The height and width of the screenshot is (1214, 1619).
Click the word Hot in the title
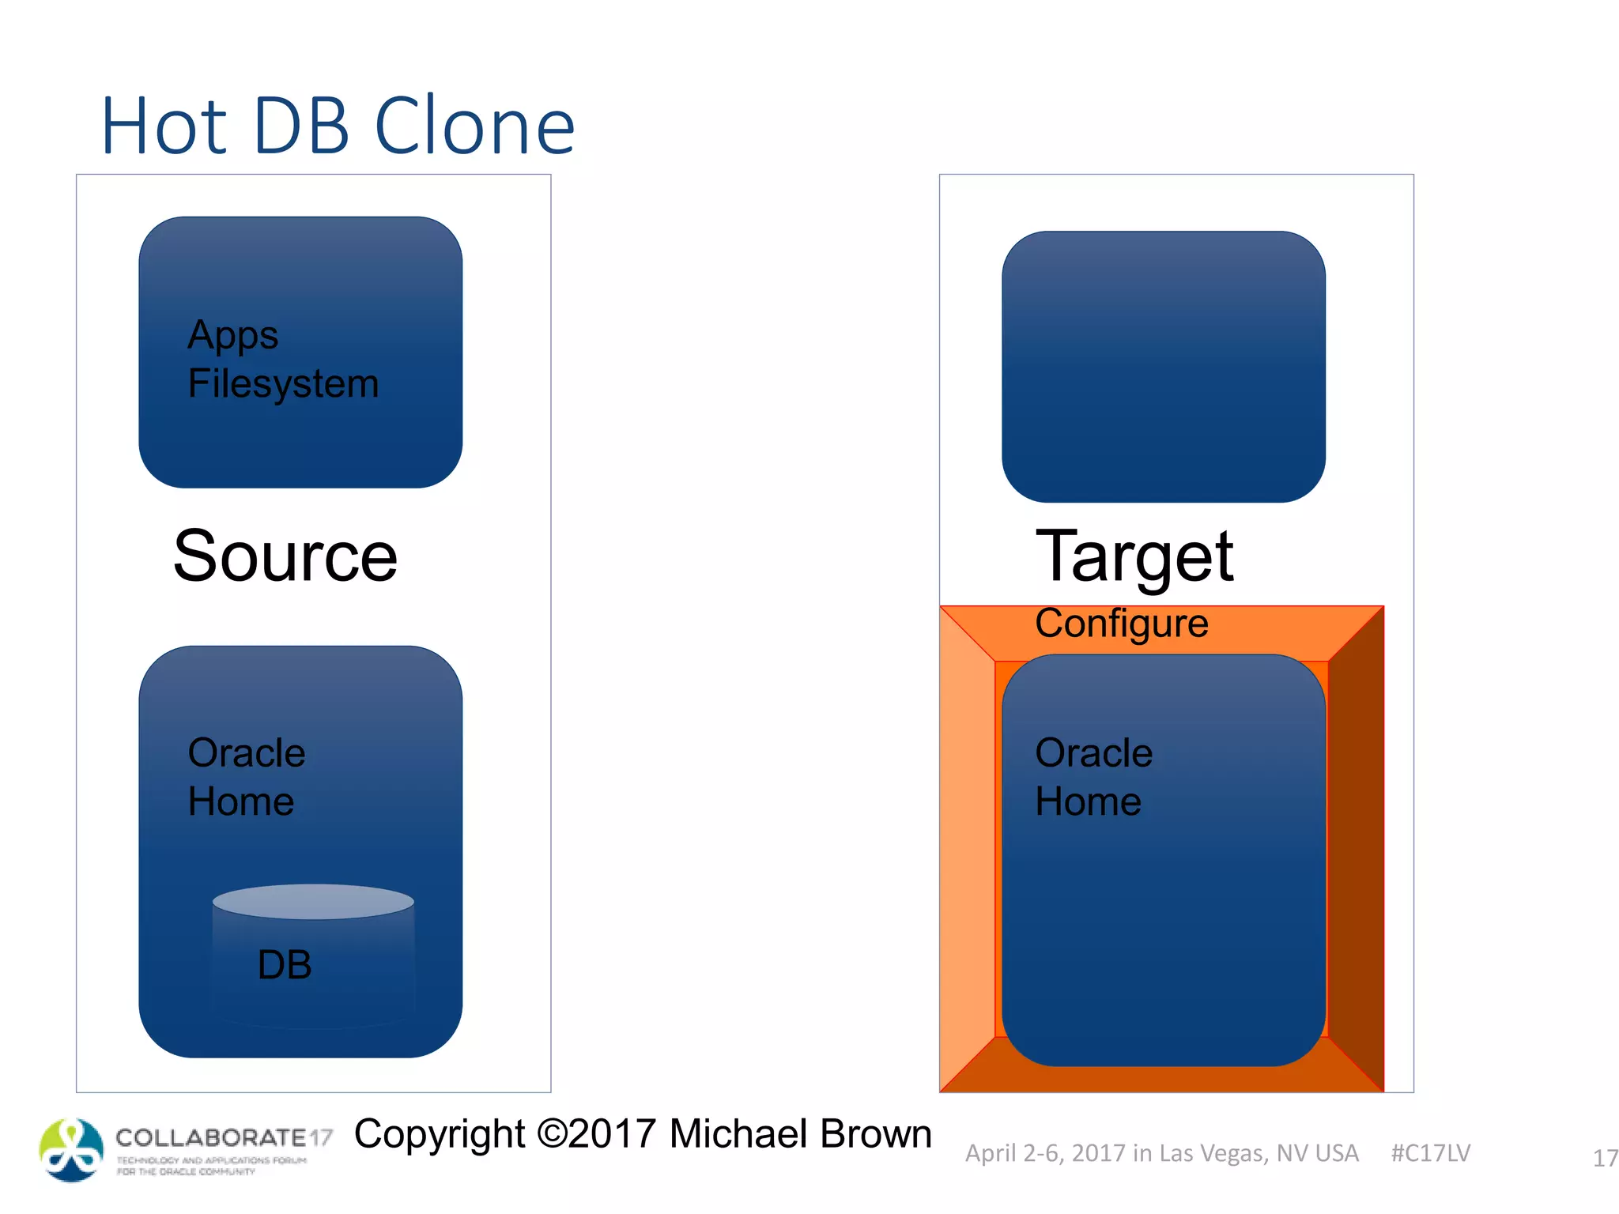pyautogui.click(x=164, y=126)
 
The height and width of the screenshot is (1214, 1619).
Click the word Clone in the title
pyautogui.click(x=474, y=126)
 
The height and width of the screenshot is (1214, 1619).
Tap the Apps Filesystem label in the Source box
pyautogui.click(x=283, y=360)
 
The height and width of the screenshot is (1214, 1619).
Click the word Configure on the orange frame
pyautogui.click(x=1122, y=624)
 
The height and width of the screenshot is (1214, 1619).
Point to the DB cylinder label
pyautogui.click(x=285, y=965)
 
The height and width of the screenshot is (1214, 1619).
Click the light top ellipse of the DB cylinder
pyautogui.click(x=313, y=902)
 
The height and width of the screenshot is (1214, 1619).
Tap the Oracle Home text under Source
pyautogui.click(x=247, y=777)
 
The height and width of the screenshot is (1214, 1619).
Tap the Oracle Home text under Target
pyautogui.click(x=1093, y=777)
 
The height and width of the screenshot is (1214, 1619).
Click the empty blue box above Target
pyautogui.click(x=1163, y=367)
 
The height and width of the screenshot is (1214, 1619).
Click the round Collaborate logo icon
pyautogui.click(x=71, y=1150)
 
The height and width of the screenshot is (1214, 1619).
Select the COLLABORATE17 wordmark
pyautogui.click(x=224, y=1138)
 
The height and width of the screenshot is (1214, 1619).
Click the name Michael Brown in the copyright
pyautogui.click(x=800, y=1134)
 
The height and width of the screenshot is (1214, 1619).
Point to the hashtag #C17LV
pyautogui.click(x=1430, y=1153)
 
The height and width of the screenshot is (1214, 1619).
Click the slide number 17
pyautogui.click(x=1604, y=1159)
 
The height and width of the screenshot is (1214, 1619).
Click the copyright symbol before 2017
pyautogui.click(x=552, y=1134)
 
